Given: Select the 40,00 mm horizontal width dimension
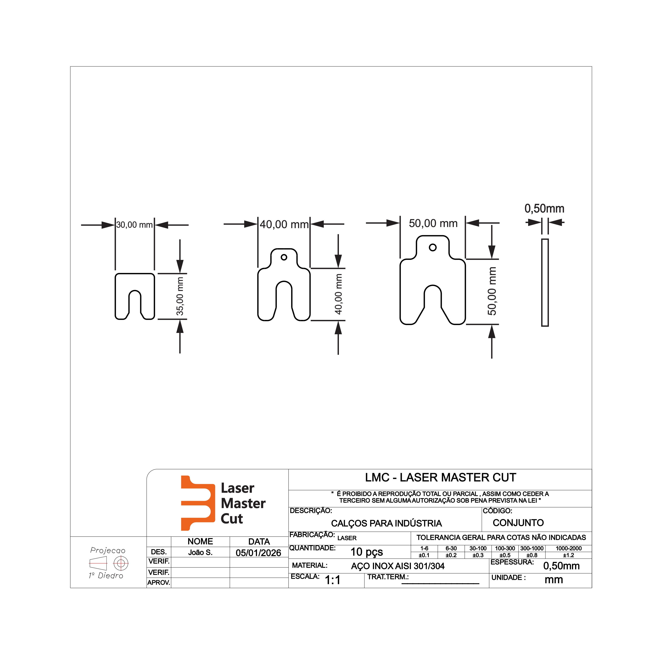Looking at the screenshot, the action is [x=284, y=224].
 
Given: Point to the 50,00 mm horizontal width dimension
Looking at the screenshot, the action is [x=433, y=223].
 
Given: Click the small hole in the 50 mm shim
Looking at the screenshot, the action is [x=433, y=248].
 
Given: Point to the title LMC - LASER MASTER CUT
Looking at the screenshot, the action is [x=440, y=478].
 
